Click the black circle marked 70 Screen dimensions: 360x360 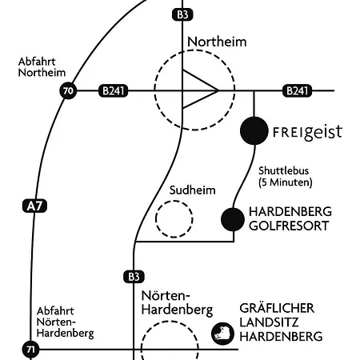67,91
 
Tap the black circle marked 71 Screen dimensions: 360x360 30,350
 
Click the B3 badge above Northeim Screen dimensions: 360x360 182,14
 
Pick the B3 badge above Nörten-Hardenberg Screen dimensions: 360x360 133,277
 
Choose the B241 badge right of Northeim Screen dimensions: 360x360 297,91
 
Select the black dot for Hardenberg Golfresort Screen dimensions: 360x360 233,218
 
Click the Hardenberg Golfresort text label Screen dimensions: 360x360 290,219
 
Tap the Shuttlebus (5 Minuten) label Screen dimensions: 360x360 285,177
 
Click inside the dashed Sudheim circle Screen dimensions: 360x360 174,219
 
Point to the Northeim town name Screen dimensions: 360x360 216,42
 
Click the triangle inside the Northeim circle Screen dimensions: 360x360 198,91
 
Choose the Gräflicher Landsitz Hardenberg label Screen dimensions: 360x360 282,322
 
